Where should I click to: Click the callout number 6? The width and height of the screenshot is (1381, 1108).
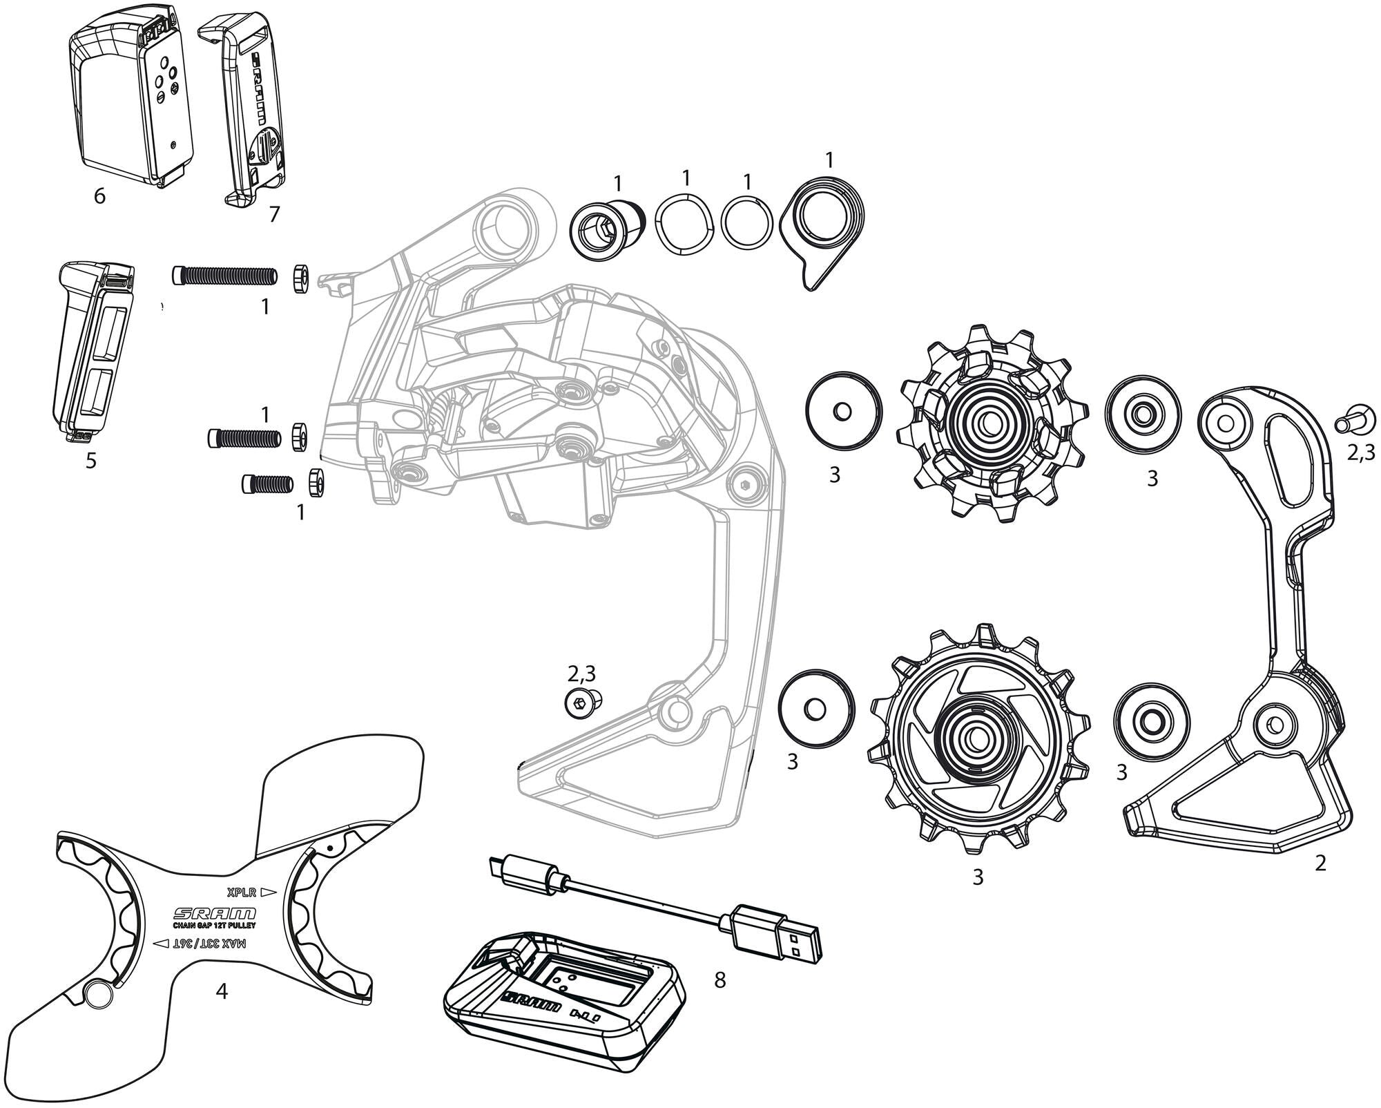(x=99, y=196)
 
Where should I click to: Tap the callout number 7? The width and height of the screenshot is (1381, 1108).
(x=274, y=215)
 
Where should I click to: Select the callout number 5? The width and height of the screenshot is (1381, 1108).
(x=91, y=460)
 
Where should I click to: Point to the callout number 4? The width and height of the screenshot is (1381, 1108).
(x=221, y=991)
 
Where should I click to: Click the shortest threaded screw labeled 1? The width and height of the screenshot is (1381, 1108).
(x=268, y=484)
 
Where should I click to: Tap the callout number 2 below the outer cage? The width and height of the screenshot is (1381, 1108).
(x=1320, y=863)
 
